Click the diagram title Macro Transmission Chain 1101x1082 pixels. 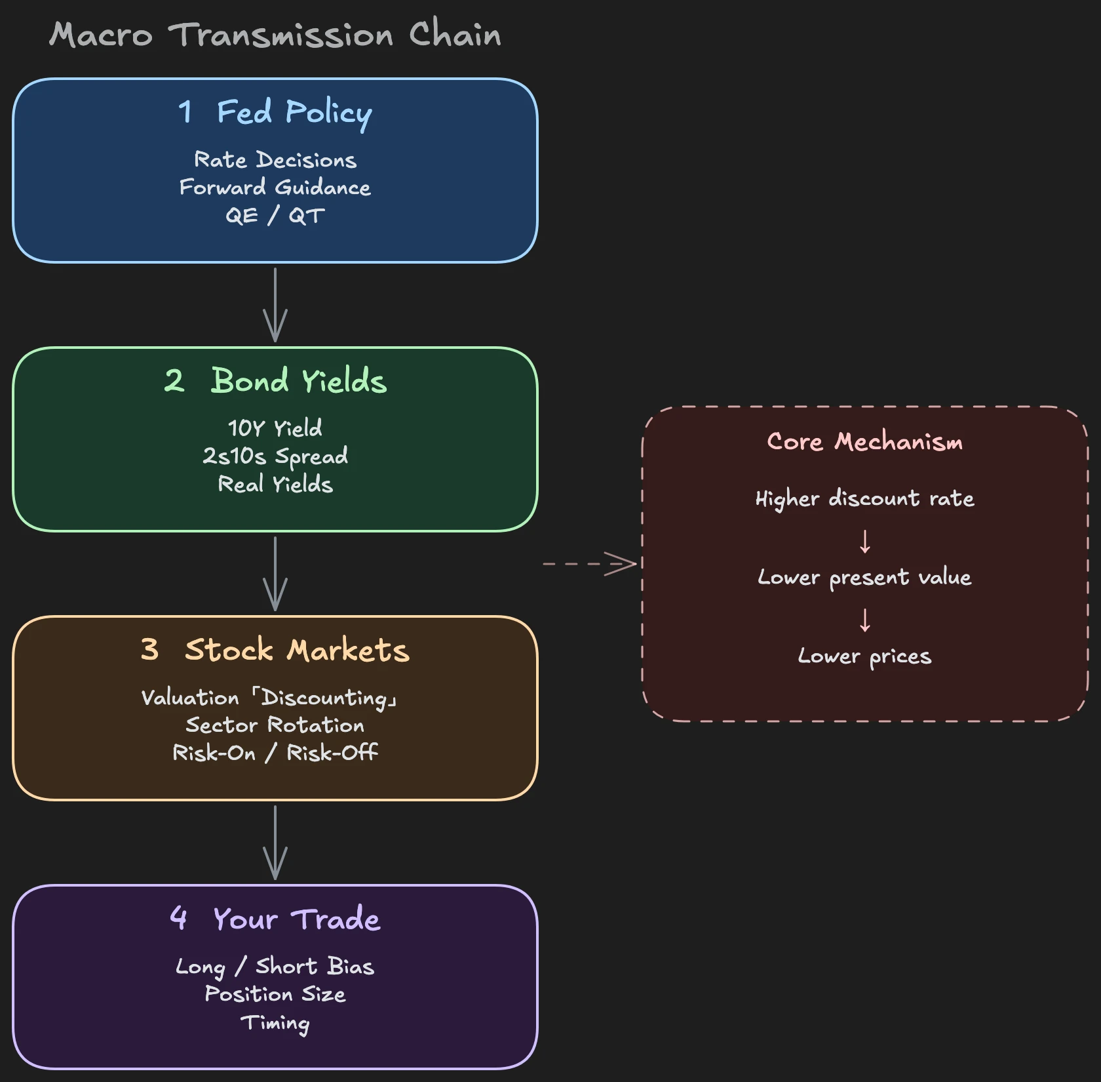(275, 34)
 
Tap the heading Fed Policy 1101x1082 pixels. (275, 112)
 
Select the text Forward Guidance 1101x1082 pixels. (275, 188)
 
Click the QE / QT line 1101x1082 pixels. (275, 215)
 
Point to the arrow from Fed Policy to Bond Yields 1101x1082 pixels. (275, 304)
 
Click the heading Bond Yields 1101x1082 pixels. (275, 381)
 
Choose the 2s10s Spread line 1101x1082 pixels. (275, 456)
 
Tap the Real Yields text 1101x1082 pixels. (275, 484)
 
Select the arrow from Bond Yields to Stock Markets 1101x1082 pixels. (275, 573)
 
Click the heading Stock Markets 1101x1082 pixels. (275, 650)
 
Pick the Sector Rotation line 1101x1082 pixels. (275, 725)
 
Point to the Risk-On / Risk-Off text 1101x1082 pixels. (275, 753)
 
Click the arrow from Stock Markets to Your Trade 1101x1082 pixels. (275, 842)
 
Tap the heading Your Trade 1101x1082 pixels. (275, 919)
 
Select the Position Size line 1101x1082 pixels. (275, 994)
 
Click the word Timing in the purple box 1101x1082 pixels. (275, 1023)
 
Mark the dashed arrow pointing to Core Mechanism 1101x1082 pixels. (590, 564)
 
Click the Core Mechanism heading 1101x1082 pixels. (865, 442)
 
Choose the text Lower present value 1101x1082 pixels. (865, 578)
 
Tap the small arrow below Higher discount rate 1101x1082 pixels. (865, 542)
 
